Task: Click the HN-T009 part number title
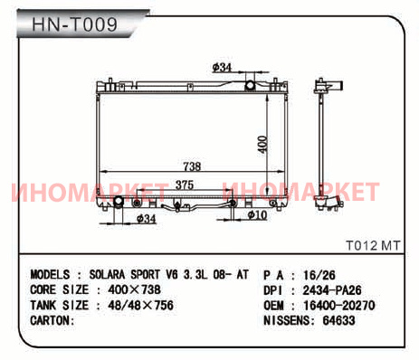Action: (x=74, y=24)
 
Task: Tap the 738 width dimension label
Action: (x=192, y=166)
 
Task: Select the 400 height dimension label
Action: (x=262, y=145)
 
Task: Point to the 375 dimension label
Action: (x=185, y=185)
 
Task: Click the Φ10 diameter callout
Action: (x=257, y=214)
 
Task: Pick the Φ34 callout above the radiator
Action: (x=222, y=68)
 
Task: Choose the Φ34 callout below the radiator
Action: (x=146, y=218)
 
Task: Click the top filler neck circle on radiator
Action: (x=250, y=85)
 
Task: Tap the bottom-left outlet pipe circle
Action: (x=119, y=202)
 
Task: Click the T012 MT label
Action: (x=373, y=245)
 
